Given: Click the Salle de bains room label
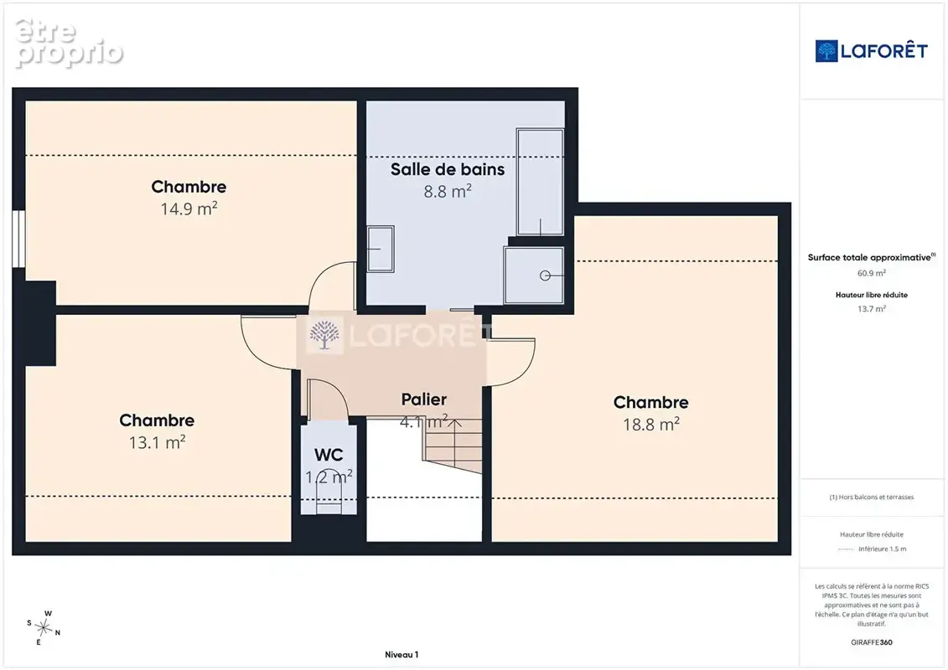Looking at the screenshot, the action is (448, 169).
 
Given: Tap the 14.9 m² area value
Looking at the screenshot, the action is (189, 209).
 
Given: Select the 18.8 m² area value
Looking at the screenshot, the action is (651, 424).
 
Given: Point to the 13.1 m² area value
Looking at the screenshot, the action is (157, 442).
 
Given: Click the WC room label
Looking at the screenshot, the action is (329, 455).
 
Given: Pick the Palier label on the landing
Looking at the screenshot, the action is (424, 399).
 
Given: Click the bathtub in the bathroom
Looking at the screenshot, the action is (540, 182).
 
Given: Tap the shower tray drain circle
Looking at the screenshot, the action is (545, 276).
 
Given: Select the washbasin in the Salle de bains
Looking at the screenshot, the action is (381, 249).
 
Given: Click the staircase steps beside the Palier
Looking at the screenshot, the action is (453, 446).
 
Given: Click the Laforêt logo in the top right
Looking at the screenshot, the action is (871, 51).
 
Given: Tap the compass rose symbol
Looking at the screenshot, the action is (44, 628).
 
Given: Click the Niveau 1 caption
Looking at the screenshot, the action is (401, 654).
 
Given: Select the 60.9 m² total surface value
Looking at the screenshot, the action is (871, 273).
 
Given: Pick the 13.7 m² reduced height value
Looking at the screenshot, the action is (871, 309).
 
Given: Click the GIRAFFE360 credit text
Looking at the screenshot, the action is (871, 642).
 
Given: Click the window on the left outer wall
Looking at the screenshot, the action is (18, 239).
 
